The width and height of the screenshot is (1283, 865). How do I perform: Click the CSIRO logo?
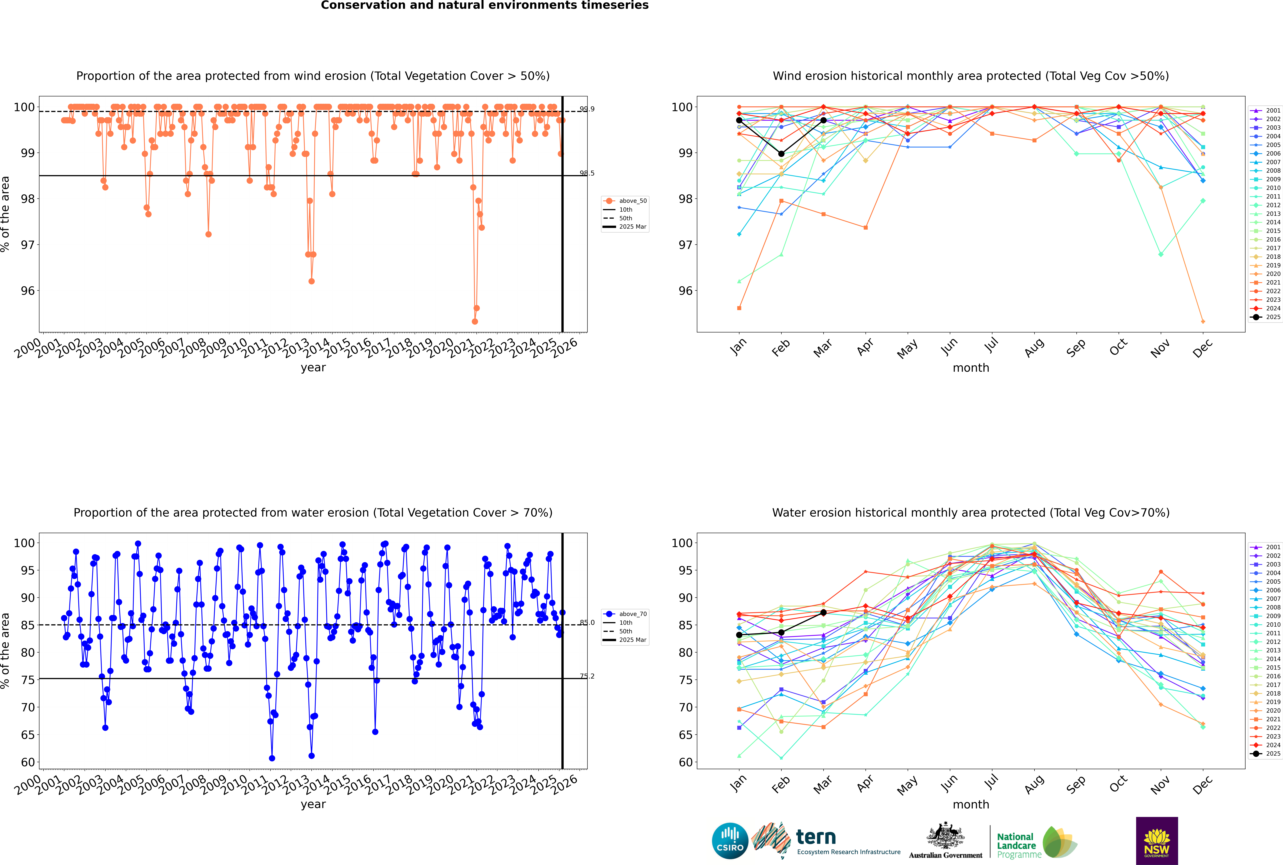(x=730, y=841)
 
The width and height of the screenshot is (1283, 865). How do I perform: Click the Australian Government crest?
(x=945, y=836)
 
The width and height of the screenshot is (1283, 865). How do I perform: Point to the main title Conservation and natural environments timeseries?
(x=484, y=5)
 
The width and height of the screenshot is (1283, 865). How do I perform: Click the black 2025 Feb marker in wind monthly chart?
(x=781, y=154)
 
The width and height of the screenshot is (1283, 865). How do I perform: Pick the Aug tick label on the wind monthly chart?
(x=1034, y=347)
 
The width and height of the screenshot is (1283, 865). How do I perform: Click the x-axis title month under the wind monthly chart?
(x=971, y=368)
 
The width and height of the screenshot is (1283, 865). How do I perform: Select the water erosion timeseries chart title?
(x=313, y=512)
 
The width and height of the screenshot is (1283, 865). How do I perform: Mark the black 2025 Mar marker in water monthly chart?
(x=823, y=612)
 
